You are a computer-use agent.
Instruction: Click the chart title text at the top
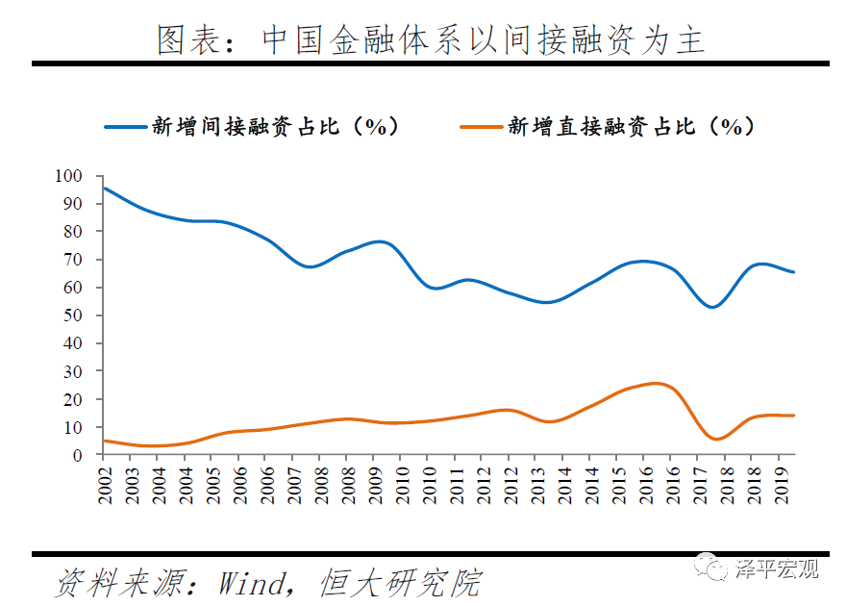coord(431,39)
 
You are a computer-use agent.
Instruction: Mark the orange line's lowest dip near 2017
coord(717,439)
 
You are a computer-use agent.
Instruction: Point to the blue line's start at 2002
coord(104,188)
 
